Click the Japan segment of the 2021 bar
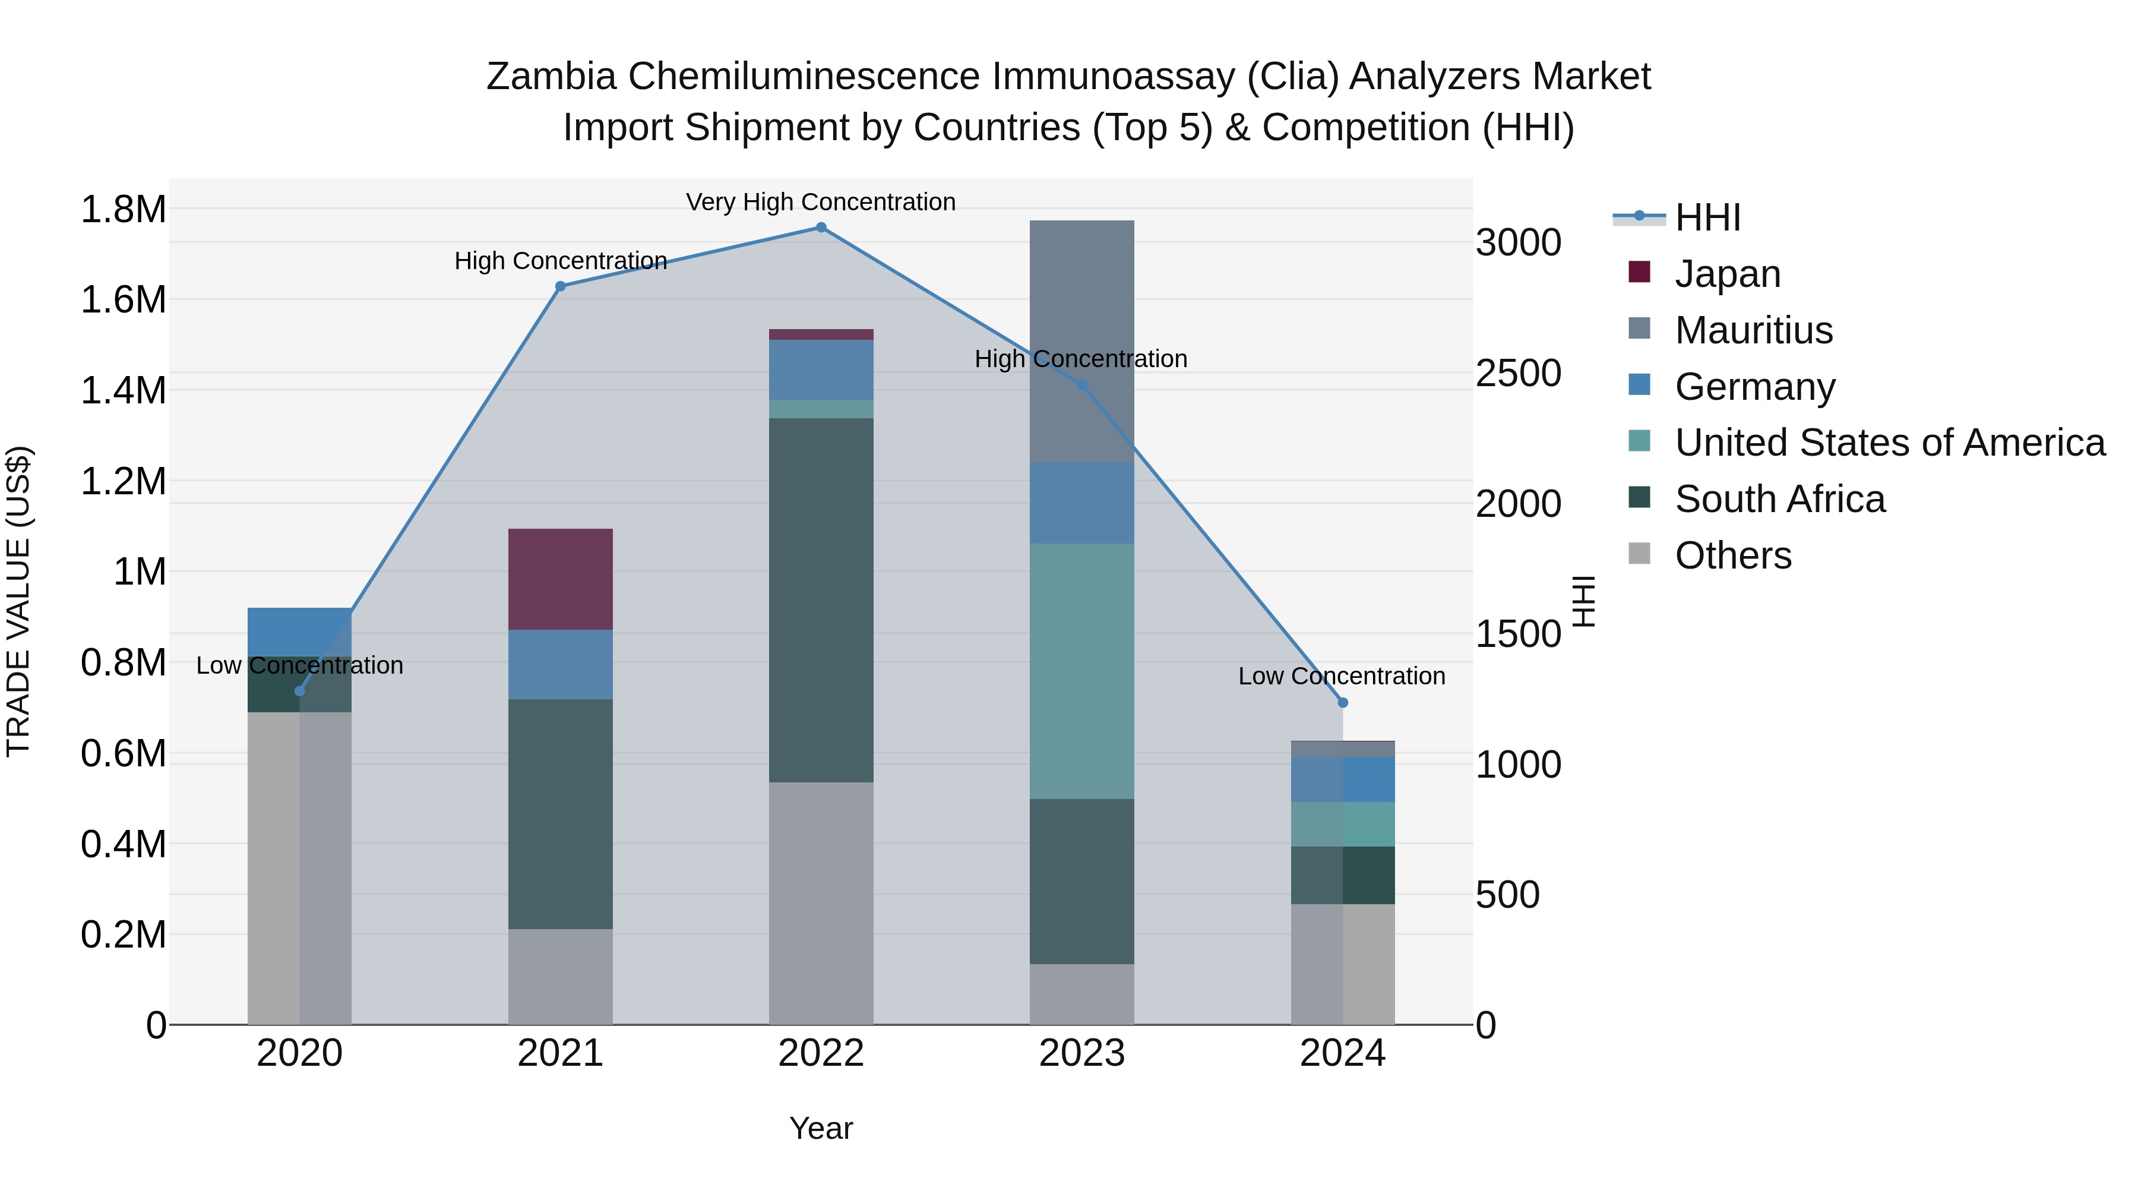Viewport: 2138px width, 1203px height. coord(560,579)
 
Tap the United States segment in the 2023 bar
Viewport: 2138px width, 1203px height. coord(1081,671)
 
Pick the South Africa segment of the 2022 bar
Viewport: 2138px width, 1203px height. coord(821,599)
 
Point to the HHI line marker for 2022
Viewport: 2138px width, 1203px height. coord(821,228)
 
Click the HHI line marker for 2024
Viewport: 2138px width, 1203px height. coord(1343,702)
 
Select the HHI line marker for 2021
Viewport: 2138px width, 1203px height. coord(560,286)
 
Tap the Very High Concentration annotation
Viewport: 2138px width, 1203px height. coord(820,203)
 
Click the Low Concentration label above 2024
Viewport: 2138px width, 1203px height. coord(1341,677)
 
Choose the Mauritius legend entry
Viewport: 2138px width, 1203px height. coord(1753,330)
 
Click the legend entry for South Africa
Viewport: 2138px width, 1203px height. coord(1779,500)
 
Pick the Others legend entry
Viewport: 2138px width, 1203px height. coord(1733,555)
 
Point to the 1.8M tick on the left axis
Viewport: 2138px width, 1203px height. coord(123,209)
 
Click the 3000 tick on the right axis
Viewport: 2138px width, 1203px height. coord(1518,243)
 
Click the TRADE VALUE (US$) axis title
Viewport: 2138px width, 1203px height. coord(18,601)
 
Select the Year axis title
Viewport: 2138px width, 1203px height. coord(821,1128)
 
